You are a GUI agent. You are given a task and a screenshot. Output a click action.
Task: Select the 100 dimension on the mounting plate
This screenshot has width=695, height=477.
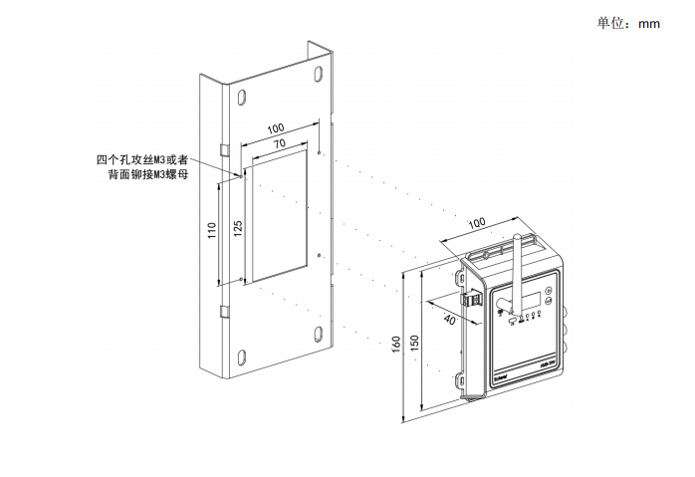tap(276, 128)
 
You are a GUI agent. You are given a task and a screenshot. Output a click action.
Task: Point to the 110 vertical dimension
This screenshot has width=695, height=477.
tap(212, 231)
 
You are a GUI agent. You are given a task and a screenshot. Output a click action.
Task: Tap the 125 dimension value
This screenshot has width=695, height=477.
tap(237, 227)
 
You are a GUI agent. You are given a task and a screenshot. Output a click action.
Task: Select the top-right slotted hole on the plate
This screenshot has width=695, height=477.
tap(318, 75)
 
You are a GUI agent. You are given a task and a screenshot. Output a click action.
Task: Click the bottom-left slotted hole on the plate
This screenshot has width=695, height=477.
tap(240, 356)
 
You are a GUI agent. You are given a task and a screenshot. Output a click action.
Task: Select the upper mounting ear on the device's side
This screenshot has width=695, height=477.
tap(459, 271)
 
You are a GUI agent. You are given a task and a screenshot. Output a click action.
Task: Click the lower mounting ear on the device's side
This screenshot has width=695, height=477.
tap(461, 379)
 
